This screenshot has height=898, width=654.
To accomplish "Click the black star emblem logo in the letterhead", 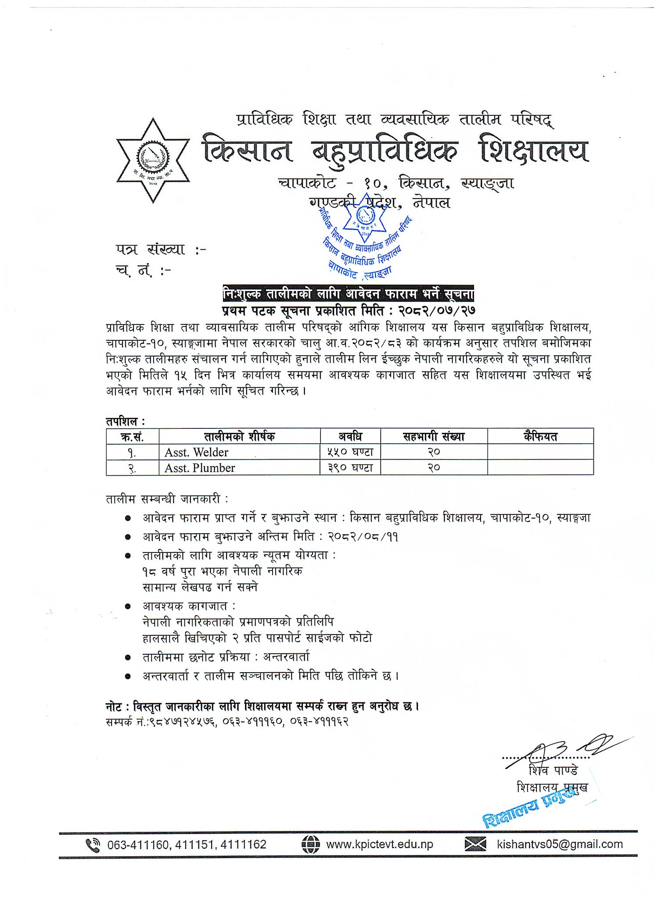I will pyautogui.click(x=153, y=160).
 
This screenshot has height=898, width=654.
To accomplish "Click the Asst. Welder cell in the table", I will pyautogui.click(x=196, y=452).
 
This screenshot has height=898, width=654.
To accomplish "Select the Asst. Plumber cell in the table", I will pyautogui.click(x=200, y=468).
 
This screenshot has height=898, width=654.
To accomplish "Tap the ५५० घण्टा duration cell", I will pyautogui.click(x=350, y=452).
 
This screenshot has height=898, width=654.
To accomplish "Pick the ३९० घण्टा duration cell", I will pyautogui.click(x=350, y=468).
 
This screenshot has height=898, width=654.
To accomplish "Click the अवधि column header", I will pyautogui.click(x=350, y=436).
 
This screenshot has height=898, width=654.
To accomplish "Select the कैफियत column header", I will pyautogui.click(x=540, y=436).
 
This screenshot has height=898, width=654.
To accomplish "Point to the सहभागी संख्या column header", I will pyautogui.click(x=433, y=436).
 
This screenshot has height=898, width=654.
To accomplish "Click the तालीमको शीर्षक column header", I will pyautogui.click(x=239, y=436).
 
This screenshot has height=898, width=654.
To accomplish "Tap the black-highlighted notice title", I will pyautogui.click(x=348, y=293).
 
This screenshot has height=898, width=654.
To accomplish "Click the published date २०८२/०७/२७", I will pyautogui.click(x=437, y=310).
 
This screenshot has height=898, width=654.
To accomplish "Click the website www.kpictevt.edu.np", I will pyautogui.click(x=379, y=845).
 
